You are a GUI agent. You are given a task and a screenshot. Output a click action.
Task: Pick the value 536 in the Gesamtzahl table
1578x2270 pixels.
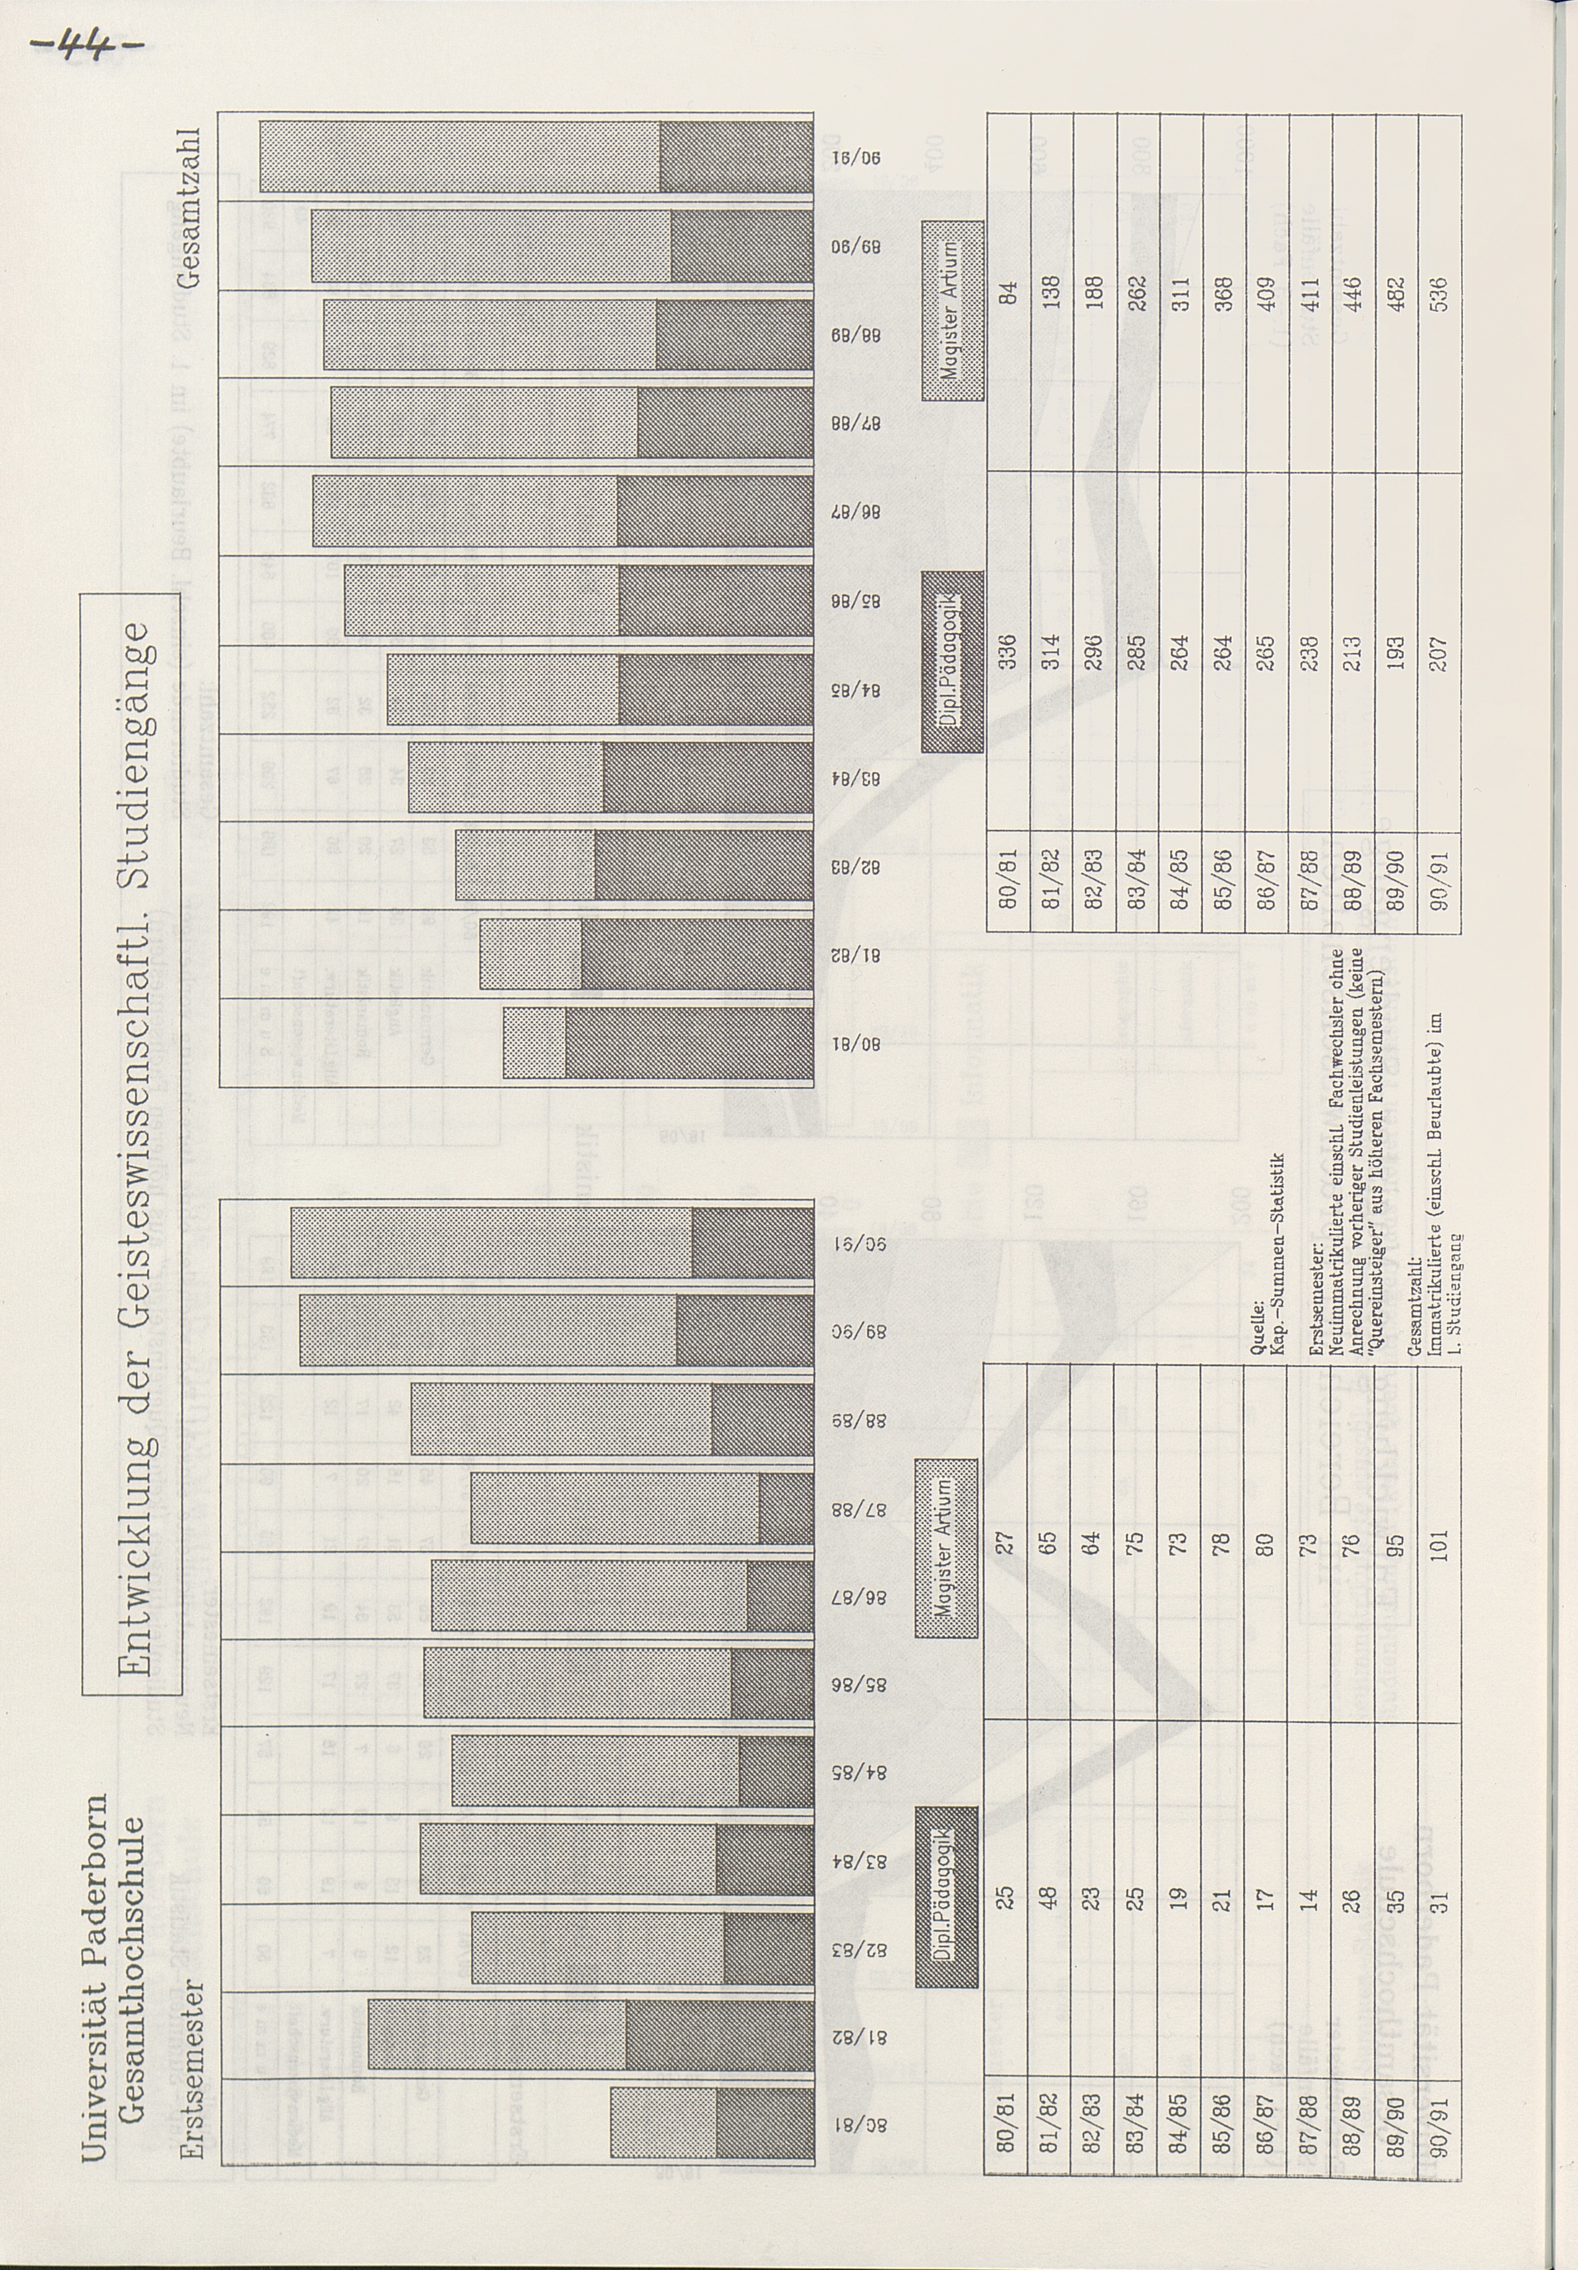pyautogui.click(x=1438, y=293)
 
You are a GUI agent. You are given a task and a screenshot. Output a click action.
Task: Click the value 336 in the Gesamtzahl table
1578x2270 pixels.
pyautogui.click(x=1007, y=652)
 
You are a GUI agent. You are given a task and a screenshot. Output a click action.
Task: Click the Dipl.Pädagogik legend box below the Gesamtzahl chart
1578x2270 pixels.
pyautogui.click(x=952, y=662)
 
